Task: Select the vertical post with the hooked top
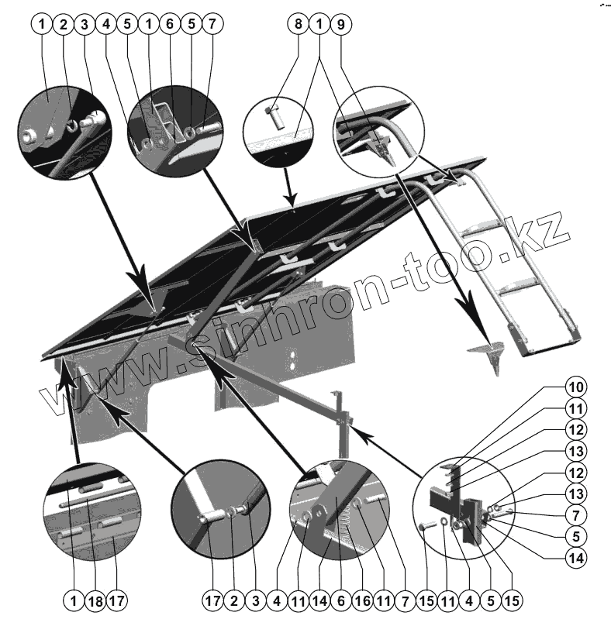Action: [339, 422]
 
